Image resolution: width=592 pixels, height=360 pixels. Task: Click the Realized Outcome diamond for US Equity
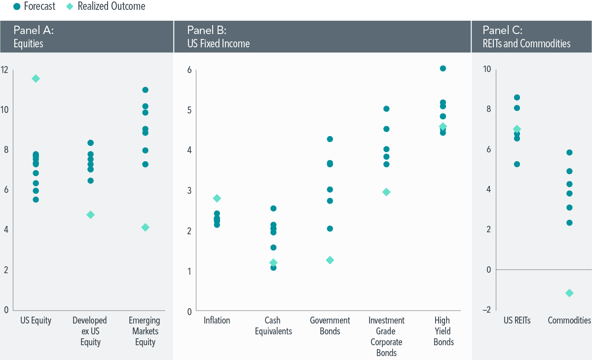[x=36, y=78]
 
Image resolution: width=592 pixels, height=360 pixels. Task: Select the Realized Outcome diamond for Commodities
[x=569, y=293]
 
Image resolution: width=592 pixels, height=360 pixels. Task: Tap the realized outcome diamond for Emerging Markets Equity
[x=145, y=227]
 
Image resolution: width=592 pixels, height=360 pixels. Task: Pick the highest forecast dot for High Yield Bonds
[x=443, y=69]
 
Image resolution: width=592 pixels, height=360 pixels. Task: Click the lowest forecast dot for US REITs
[x=517, y=164]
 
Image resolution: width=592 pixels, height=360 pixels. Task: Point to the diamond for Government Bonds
[x=330, y=260]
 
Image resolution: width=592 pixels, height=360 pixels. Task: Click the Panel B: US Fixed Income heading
[x=219, y=36]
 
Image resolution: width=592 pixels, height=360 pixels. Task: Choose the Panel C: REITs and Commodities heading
[x=526, y=36]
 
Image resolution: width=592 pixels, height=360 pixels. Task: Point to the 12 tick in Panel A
[x=5, y=70]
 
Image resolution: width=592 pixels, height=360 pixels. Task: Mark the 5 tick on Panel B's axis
[x=189, y=109]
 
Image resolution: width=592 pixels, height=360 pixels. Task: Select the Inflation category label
[x=217, y=321]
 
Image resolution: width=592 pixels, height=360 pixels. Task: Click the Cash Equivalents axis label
[x=273, y=326]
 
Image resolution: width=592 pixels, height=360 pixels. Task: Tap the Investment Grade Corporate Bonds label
[x=386, y=336]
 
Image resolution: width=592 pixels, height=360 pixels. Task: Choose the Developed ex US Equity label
[x=90, y=331]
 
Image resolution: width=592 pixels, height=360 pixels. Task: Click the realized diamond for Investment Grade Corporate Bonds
[x=386, y=192]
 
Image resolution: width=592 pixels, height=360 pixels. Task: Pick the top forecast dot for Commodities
[x=569, y=152]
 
